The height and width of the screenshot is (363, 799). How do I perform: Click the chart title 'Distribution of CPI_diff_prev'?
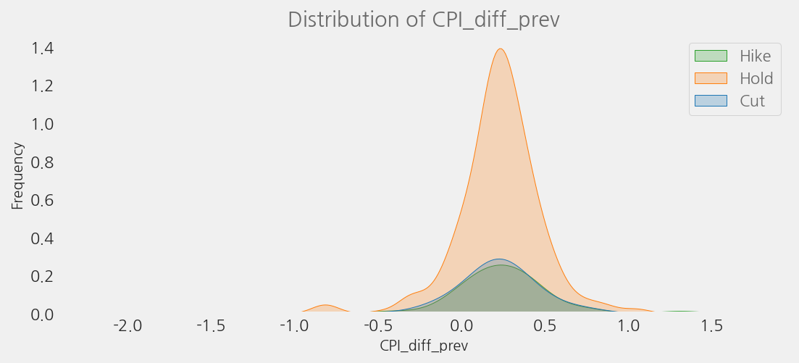click(424, 20)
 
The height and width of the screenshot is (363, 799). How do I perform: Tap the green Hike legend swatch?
click(710, 56)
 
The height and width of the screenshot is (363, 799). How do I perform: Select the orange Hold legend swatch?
click(710, 78)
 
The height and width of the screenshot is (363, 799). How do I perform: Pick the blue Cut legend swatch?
click(710, 101)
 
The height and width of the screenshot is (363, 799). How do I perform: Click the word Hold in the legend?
click(756, 78)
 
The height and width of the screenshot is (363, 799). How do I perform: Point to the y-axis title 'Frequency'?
click(18, 176)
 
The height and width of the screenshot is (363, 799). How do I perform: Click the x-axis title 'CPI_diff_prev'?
click(424, 346)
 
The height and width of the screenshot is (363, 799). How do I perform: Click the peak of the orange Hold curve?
click(500, 49)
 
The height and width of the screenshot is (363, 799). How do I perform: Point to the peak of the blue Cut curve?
click(498, 259)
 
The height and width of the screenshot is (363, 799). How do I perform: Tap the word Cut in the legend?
click(752, 101)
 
